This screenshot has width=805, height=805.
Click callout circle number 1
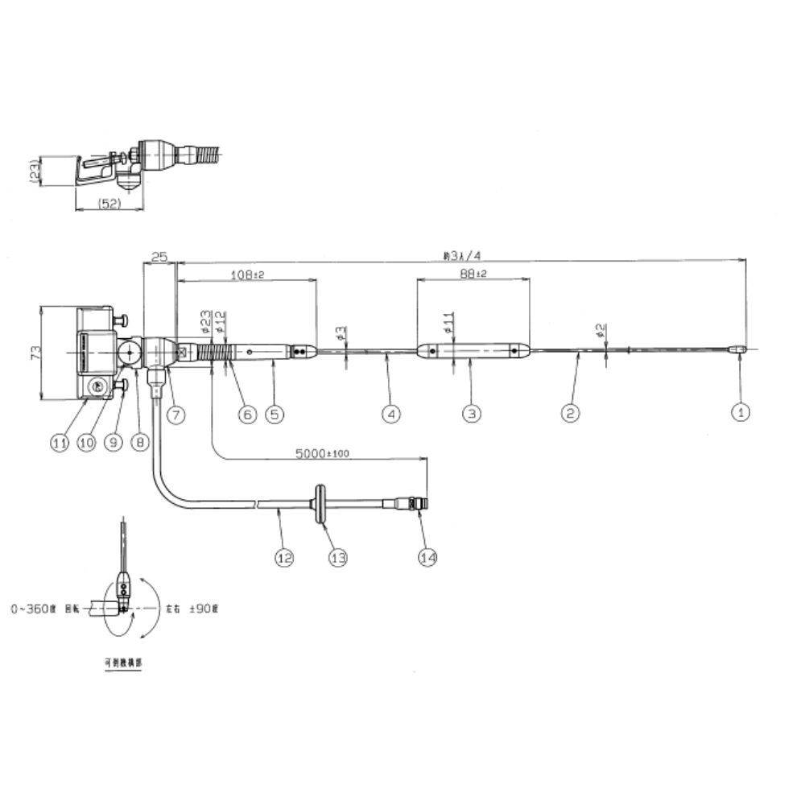(x=740, y=413)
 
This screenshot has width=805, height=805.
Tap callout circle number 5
(x=275, y=414)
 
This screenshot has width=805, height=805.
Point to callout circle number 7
(x=176, y=415)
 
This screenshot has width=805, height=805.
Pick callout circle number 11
(x=60, y=442)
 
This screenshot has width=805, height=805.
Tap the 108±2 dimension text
(x=248, y=275)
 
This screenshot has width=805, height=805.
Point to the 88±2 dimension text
(x=473, y=275)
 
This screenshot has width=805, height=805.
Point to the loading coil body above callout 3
(x=473, y=351)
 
